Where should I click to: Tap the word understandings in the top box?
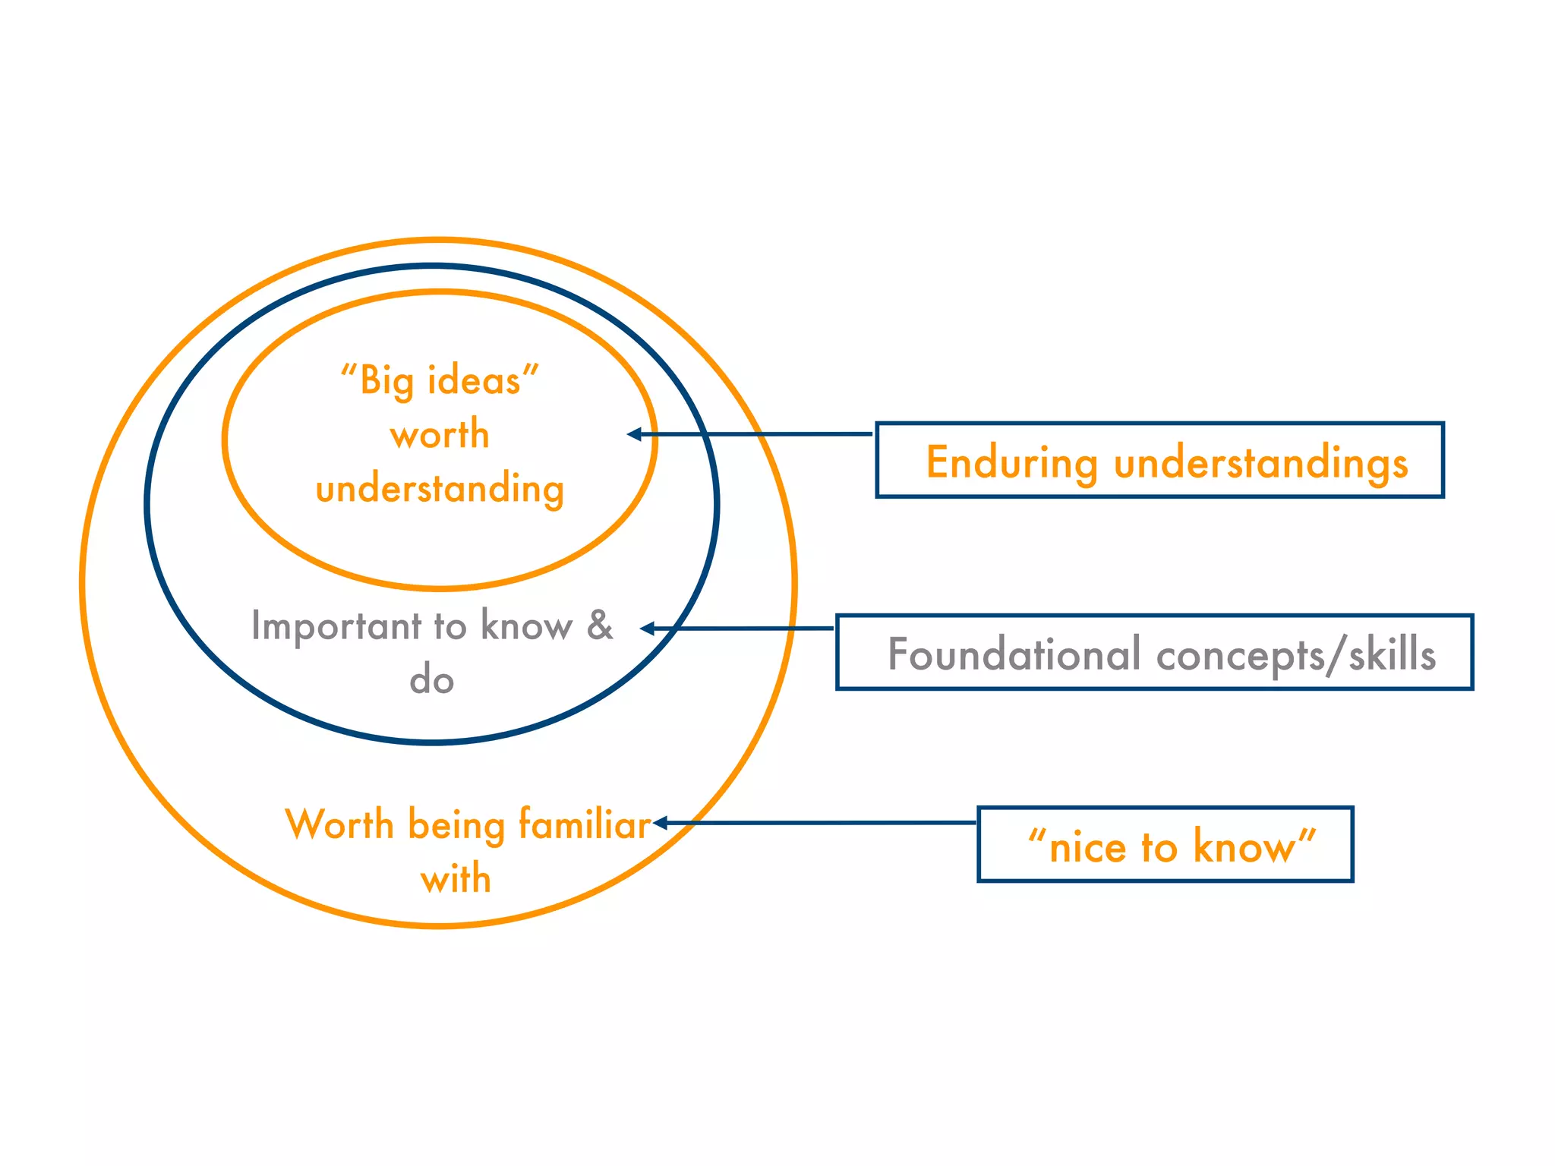[1260, 464]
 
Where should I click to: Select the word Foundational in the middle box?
[1014, 654]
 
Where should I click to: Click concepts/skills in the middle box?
[1295, 654]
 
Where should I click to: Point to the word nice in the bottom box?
[1087, 846]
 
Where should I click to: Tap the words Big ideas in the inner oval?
[440, 380]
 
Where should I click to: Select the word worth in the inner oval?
[440, 434]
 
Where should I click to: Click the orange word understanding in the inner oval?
[440, 489]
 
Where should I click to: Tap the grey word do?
[431, 679]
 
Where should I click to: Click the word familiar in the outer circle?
[585, 824]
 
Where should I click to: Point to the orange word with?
[456, 879]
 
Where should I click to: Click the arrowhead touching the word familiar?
[660, 823]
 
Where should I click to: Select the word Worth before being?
[339, 824]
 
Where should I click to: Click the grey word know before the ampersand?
[526, 626]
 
